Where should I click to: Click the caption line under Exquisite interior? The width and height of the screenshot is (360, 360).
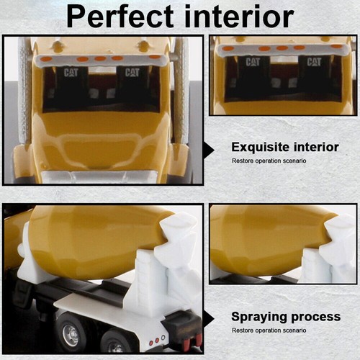[x=269, y=160]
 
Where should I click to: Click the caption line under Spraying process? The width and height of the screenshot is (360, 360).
[x=269, y=328]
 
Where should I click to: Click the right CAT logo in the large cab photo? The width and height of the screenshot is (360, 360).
[x=132, y=72]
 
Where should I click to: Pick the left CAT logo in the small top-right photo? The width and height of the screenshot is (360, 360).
[x=252, y=62]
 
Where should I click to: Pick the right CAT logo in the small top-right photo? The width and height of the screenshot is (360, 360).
[x=314, y=62]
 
